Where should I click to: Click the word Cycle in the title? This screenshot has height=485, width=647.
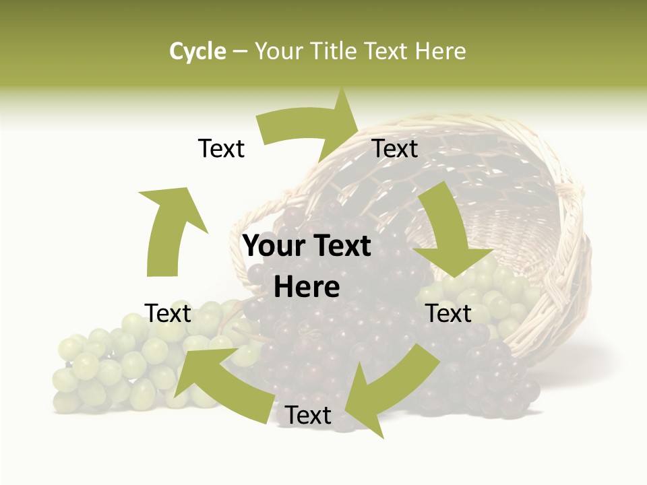(x=197, y=51)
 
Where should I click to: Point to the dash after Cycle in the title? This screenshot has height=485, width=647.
(x=240, y=52)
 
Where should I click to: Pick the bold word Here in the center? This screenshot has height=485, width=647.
(x=307, y=288)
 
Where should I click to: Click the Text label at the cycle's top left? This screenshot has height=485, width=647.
(x=221, y=148)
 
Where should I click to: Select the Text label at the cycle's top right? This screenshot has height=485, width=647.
(x=395, y=148)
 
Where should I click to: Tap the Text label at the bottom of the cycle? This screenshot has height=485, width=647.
(x=308, y=416)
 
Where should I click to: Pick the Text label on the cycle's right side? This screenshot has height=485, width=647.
(x=448, y=313)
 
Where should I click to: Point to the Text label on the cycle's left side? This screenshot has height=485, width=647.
(x=168, y=313)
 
